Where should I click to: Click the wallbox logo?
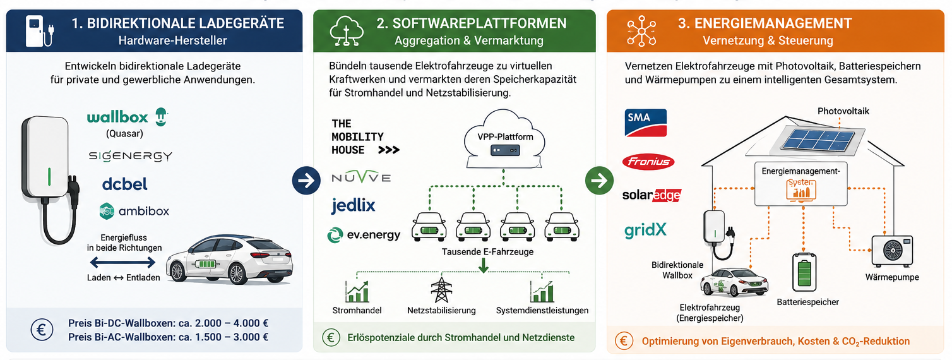click(128, 117)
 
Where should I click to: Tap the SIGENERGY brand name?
click(131, 157)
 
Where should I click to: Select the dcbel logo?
click(124, 184)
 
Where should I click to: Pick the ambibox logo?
click(134, 211)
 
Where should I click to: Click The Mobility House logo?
click(365, 137)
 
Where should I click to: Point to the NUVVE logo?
click(361, 177)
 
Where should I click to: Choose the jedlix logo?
click(353, 206)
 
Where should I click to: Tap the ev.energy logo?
click(364, 234)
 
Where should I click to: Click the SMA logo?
click(646, 123)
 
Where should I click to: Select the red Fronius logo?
click(648, 162)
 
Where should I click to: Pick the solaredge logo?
click(652, 195)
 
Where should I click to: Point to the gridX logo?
click(645, 230)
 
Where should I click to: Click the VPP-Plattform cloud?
click(504, 139)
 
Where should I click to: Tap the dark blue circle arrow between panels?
click(306, 180)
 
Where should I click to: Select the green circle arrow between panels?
click(599, 180)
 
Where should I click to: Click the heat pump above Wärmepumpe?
click(892, 251)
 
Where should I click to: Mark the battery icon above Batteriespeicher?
click(804, 272)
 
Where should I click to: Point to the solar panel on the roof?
click(819, 141)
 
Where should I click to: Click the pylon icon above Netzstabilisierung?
click(441, 290)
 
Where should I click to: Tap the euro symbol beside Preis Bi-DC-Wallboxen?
click(42, 330)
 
